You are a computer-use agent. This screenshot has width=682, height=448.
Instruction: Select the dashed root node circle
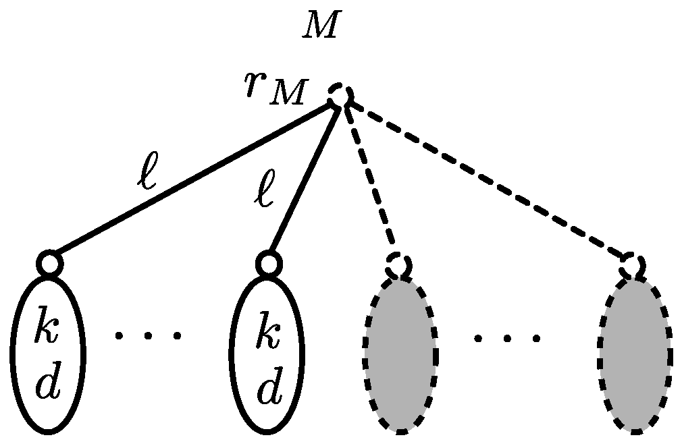pyautogui.click(x=340, y=95)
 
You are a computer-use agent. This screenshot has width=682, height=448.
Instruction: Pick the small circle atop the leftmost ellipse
pyautogui.click(x=49, y=263)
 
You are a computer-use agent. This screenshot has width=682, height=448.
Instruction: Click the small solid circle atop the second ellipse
pyautogui.click(x=268, y=263)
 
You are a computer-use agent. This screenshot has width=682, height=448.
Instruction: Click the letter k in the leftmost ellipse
pyautogui.click(x=48, y=335)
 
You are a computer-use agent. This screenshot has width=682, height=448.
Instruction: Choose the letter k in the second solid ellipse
pyautogui.click(x=268, y=335)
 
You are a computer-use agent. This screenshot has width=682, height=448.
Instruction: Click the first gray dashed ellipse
pyautogui.click(x=400, y=354)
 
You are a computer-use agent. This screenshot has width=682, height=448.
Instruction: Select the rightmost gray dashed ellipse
pyautogui.click(x=634, y=354)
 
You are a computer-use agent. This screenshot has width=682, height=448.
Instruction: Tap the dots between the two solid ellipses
pyautogui.click(x=148, y=335)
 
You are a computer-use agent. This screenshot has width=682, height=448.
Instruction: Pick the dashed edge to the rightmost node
pyautogui.click(x=486, y=178)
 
